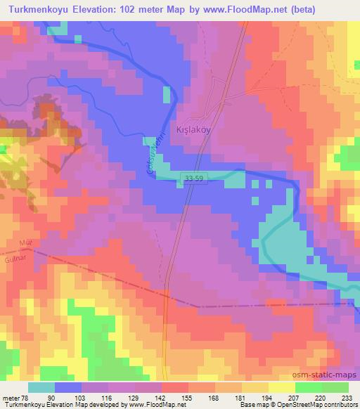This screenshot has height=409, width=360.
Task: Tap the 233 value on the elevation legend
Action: [x=347, y=398]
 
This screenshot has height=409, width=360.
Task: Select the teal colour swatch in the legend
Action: [x=41, y=387]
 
